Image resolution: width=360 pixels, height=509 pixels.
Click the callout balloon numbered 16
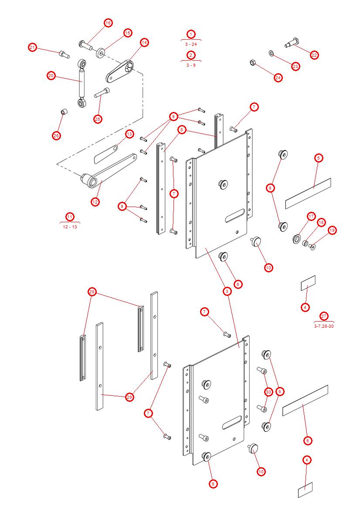(x=108, y=22)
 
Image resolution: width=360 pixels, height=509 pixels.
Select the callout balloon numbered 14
(x=144, y=42)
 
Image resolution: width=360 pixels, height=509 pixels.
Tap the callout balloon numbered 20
(x=51, y=76)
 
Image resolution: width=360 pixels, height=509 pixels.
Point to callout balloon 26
(x=56, y=136)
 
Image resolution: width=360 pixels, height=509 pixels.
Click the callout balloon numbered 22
(x=314, y=55)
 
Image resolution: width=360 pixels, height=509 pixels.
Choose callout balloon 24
(x=278, y=78)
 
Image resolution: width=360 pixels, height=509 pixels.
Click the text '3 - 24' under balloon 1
(x=191, y=44)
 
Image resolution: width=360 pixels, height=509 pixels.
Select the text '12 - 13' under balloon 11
(x=70, y=227)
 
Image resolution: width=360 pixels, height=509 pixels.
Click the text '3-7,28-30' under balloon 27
(x=324, y=326)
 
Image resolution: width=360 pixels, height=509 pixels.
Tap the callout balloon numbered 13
(x=129, y=134)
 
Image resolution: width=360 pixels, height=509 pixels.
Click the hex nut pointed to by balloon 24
(x=252, y=63)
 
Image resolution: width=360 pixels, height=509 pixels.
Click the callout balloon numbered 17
(x=311, y=216)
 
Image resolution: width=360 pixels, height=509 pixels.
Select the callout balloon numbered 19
(x=332, y=230)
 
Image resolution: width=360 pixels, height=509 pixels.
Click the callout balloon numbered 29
(x=129, y=397)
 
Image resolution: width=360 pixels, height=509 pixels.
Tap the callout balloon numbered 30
(x=268, y=392)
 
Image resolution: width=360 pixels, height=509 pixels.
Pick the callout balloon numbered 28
(x=92, y=292)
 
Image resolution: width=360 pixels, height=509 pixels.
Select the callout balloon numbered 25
(x=98, y=119)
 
